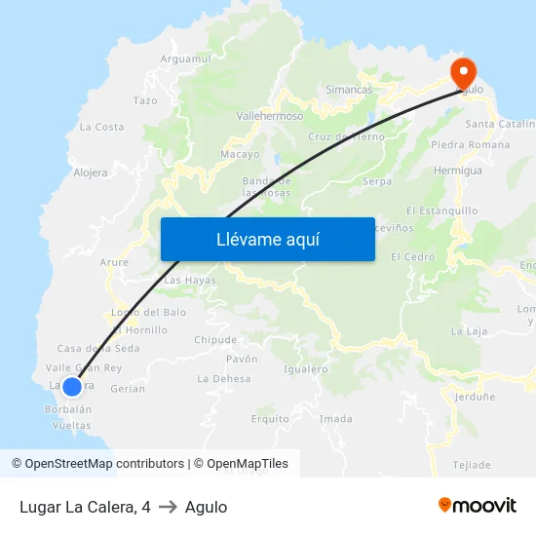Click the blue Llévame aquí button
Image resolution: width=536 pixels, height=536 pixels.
267,239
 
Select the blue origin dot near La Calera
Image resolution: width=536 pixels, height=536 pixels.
71,386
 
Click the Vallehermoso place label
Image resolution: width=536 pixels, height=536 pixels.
270,115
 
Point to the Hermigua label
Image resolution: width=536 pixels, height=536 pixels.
457,171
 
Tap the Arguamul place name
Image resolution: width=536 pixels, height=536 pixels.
185,58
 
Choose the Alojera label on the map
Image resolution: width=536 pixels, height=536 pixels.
91,172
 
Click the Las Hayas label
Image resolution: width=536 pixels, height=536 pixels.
190,281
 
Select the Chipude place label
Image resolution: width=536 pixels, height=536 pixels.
215,340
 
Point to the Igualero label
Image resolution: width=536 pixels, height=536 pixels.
305,369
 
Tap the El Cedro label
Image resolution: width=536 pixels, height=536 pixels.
412,257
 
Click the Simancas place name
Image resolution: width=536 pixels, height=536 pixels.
349,90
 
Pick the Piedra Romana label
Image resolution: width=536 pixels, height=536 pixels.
470,145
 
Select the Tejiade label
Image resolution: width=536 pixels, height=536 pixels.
473,465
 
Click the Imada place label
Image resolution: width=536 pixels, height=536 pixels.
336,419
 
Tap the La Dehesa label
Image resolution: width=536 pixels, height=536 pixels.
224,379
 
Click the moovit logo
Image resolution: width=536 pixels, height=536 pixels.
478,506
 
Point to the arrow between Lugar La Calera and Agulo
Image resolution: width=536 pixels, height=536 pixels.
168,507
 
